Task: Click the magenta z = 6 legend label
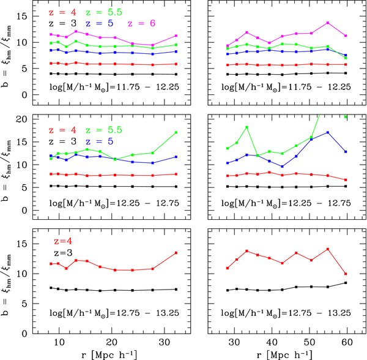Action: point(143,23)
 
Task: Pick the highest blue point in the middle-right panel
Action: point(328,132)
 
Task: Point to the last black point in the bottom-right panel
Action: point(346,283)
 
